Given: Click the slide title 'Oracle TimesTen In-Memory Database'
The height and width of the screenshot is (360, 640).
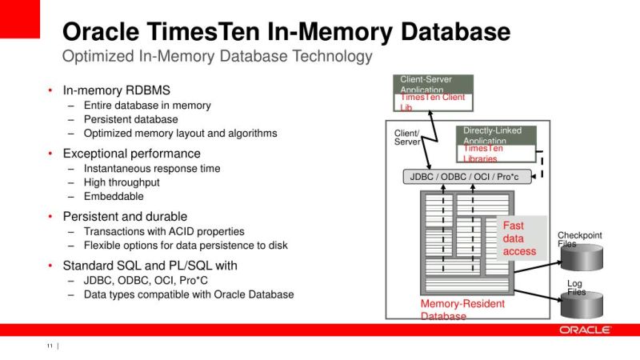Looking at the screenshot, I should tap(286, 31).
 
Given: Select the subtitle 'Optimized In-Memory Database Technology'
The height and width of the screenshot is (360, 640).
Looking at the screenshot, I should tap(217, 57).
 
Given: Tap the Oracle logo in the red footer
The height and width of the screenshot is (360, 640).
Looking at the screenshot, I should tap(586, 330).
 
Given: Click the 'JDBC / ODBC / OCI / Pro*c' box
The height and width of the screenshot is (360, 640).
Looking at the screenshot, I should tap(466, 177).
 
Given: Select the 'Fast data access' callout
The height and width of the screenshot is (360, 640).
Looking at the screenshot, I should tap(520, 238).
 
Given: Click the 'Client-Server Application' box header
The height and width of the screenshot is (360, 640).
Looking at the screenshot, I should tap(433, 84).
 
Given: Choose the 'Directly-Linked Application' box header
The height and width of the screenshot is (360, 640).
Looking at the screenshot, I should tap(496, 134).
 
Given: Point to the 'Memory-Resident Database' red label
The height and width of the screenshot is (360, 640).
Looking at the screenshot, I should tap(462, 310).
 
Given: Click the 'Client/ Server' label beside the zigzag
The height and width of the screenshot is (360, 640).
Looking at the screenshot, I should tap(406, 137).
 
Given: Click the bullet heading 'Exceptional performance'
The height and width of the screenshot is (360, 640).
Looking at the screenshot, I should tap(131, 154).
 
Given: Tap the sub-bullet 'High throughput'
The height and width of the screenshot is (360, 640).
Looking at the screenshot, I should tap(122, 182).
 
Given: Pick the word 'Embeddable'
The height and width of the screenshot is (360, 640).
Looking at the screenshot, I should tap(114, 196).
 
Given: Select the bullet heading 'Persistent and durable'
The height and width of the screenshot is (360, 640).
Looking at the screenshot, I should tap(125, 216).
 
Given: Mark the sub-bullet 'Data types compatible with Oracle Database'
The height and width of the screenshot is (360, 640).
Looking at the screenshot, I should tap(188, 294).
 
